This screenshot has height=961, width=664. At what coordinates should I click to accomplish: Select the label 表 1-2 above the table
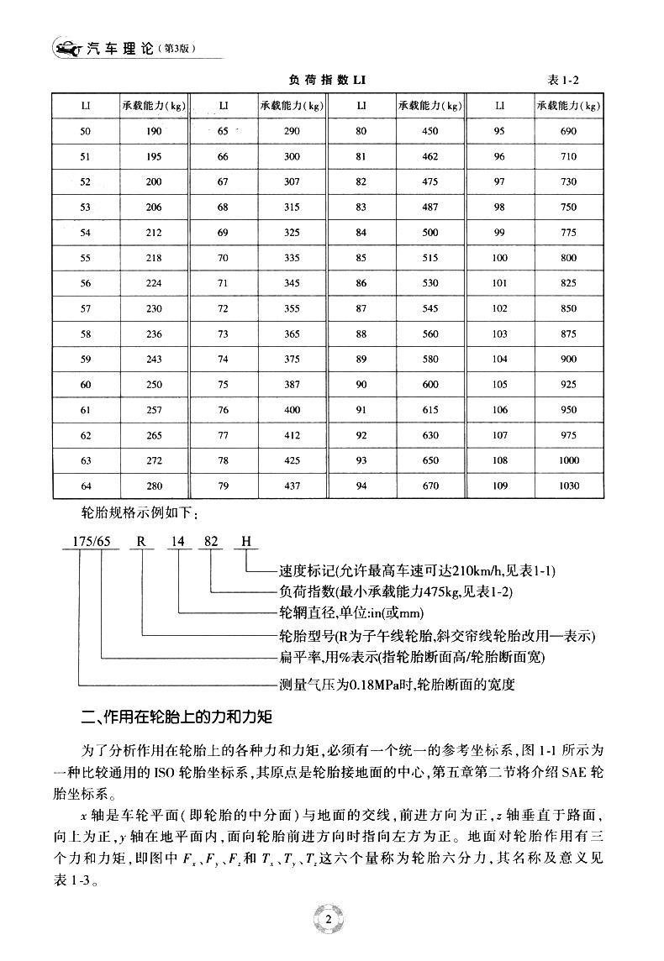pos(565,80)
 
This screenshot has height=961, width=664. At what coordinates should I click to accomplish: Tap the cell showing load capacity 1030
pos(568,486)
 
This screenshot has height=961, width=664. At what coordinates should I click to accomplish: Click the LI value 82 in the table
pos(361,181)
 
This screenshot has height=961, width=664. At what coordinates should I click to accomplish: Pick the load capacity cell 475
pos(429,181)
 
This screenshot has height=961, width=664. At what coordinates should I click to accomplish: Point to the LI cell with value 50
pos(86,131)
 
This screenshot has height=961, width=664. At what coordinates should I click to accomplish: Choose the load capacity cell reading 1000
pos(568,461)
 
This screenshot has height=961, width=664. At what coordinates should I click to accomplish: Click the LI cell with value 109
pos(500,486)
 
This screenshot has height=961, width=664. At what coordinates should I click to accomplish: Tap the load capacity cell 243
pos(153,360)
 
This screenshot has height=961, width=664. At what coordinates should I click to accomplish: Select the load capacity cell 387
pos(292,385)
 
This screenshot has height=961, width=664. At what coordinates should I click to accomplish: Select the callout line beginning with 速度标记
pos(417,571)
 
